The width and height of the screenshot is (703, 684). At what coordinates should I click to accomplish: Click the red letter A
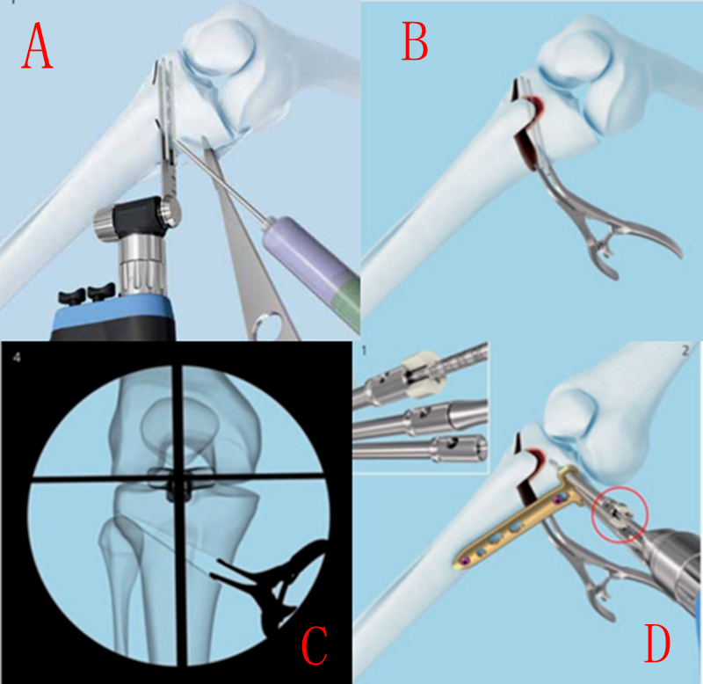(x=37, y=46)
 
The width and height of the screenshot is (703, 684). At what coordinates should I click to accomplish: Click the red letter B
(x=415, y=42)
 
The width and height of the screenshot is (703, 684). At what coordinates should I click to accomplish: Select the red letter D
(x=657, y=644)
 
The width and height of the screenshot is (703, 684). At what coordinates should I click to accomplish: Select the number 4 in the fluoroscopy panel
(x=17, y=358)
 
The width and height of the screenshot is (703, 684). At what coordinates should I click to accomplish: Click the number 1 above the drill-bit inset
(x=364, y=351)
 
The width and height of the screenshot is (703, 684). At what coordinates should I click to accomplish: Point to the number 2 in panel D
(x=685, y=351)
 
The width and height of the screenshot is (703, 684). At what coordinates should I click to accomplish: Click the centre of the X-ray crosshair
(x=178, y=479)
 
